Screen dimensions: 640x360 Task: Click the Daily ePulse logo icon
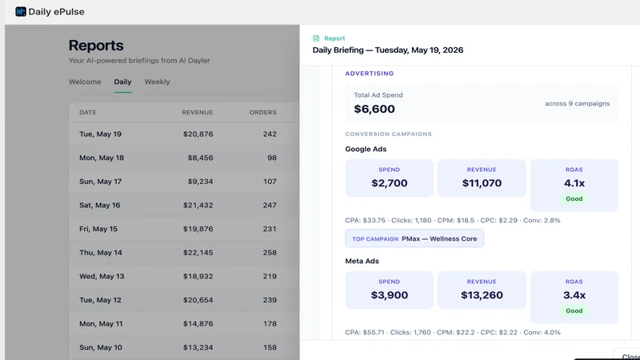pos(21,11)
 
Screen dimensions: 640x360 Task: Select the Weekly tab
pos(157,82)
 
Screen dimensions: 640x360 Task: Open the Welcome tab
pos(85,82)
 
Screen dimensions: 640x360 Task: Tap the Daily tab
pos(122,82)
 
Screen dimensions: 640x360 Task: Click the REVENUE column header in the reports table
pos(198,112)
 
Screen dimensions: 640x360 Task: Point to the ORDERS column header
pos(263,112)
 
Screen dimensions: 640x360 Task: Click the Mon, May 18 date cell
pos(102,158)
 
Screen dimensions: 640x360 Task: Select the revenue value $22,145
pos(198,252)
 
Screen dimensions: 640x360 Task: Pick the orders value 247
pos(270,205)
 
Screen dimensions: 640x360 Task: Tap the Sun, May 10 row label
pos(101,347)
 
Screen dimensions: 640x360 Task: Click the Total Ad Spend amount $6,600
pos(374,109)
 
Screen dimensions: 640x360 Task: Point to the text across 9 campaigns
pos(578,104)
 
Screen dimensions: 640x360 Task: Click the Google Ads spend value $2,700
pos(390,183)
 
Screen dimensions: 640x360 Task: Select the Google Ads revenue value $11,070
pos(482,183)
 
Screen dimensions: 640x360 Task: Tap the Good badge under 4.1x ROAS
pos(574,198)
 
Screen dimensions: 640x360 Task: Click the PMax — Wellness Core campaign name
pos(439,238)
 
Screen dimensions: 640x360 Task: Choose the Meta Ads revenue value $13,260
pos(482,295)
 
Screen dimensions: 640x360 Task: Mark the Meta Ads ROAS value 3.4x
pos(574,295)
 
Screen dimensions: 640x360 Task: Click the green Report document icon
pos(316,38)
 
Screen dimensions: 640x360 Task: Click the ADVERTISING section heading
pos(370,74)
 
